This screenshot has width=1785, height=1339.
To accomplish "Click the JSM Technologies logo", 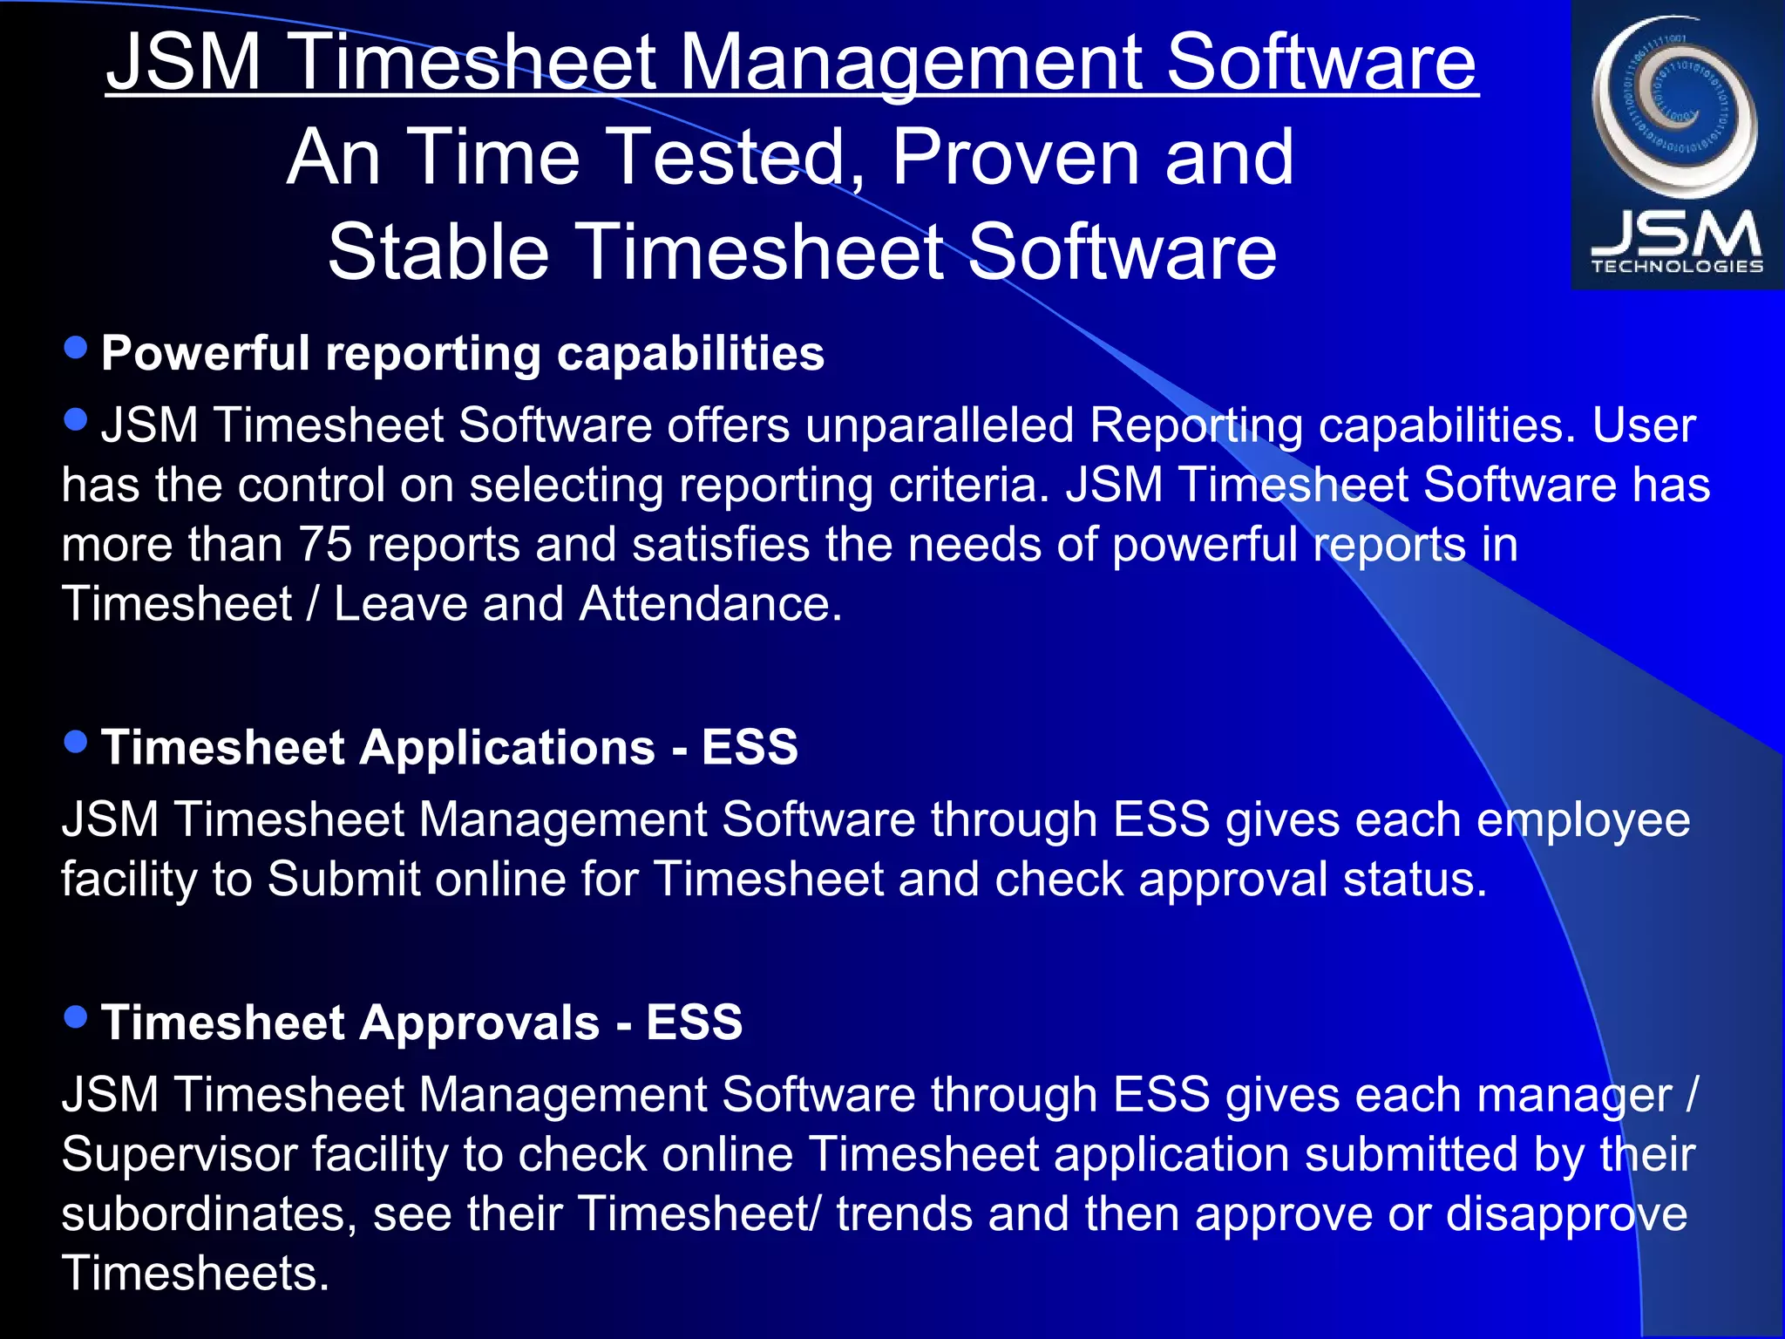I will click(x=1676, y=144).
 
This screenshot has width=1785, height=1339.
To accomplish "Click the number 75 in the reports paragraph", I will click(x=325, y=545).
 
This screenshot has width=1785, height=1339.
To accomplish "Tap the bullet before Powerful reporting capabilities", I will click(x=77, y=348).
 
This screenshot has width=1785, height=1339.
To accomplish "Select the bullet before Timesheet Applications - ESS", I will click(x=77, y=742).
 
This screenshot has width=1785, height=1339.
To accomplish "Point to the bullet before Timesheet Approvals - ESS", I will click(x=77, y=1016).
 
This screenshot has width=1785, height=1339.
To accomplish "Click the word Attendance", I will click(x=710, y=604).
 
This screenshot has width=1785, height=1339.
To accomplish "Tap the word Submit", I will click(x=344, y=880).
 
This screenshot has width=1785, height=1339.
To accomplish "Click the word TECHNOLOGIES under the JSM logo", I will click(x=1677, y=267).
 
